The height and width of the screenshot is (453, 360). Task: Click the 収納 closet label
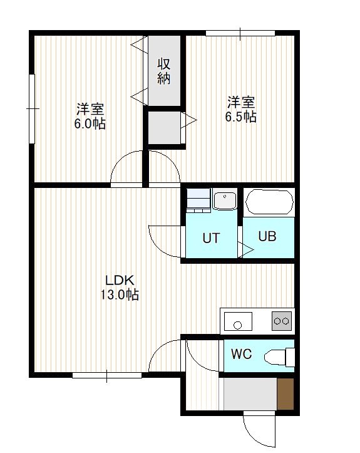pyautogui.click(x=163, y=71)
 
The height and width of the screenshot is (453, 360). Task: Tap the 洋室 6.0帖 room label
pyautogui.click(x=90, y=116)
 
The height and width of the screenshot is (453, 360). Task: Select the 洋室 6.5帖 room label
pyautogui.click(x=241, y=110)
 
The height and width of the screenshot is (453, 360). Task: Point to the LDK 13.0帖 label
pyautogui.click(x=120, y=288)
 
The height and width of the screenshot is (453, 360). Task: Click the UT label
pyautogui.click(x=211, y=238)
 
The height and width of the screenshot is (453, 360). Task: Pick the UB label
pyautogui.click(x=267, y=236)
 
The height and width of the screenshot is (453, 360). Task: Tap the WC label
pyautogui.click(x=241, y=354)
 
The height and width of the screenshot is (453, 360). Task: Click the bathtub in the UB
pyautogui.click(x=269, y=202)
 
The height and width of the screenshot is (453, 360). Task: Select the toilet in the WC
pyautogui.click(x=279, y=357)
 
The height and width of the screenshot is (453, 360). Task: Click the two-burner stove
pyautogui.click(x=282, y=321)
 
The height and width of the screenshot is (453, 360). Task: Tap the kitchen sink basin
pyautogui.click(x=238, y=321)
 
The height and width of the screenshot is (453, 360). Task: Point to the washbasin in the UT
pyautogui.click(x=225, y=199)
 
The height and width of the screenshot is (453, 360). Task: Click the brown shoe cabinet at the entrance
pyautogui.click(x=285, y=393)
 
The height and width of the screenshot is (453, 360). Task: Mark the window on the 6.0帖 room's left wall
pyautogui.click(x=32, y=108)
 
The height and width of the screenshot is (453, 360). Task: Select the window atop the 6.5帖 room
pyautogui.click(x=240, y=33)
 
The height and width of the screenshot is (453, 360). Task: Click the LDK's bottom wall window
pyautogui.click(x=107, y=375)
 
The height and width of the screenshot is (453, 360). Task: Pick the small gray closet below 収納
pyautogui.click(x=164, y=127)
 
